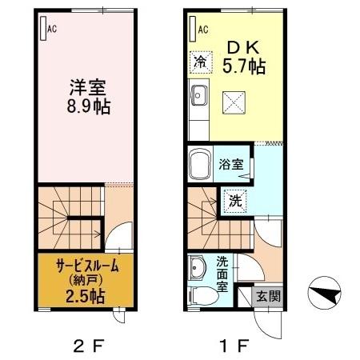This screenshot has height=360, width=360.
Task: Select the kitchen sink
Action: (198, 99)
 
